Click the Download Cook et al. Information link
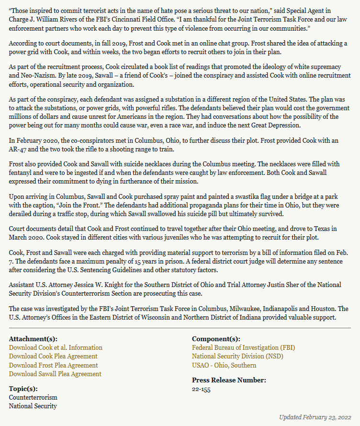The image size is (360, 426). (x=56, y=347)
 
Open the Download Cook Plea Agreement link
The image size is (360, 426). (x=53, y=356)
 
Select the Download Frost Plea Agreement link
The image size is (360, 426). (x=54, y=365)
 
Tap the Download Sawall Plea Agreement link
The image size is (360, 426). (x=55, y=374)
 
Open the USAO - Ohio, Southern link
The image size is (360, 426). (x=224, y=365)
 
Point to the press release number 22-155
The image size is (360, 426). (x=201, y=389)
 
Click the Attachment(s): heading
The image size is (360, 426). (x=31, y=339)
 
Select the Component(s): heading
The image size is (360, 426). (x=216, y=339)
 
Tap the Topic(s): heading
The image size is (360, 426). (x=23, y=389)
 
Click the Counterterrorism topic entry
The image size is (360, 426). (x=33, y=397)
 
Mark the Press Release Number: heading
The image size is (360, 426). (x=229, y=380)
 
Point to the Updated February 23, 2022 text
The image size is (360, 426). (x=315, y=417)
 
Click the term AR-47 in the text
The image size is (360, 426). (x=17, y=149)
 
